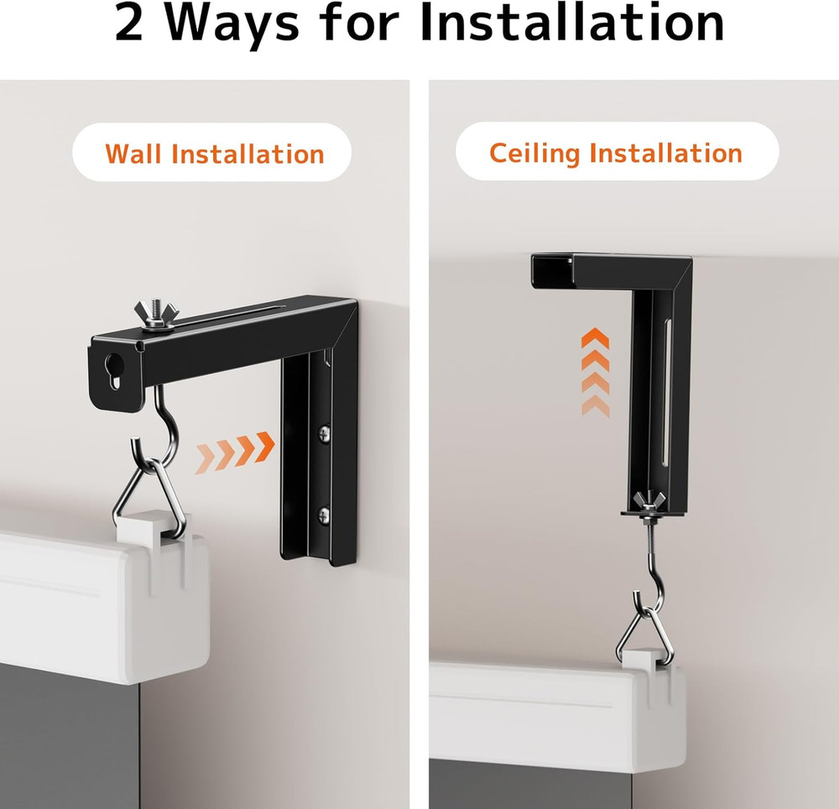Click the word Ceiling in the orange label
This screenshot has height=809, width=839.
[534, 153]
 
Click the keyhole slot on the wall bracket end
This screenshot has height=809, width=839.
[111, 370]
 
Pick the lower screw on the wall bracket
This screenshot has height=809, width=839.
[324, 514]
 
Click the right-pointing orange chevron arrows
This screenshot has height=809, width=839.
[235, 453]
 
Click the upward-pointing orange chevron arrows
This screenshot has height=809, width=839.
[595, 372]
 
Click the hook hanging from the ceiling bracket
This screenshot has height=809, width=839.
[646, 570]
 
